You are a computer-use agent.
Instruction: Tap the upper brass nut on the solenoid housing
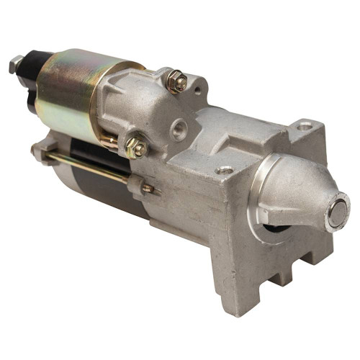click(176, 81)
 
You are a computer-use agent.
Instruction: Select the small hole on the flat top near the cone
click(227, 170)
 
